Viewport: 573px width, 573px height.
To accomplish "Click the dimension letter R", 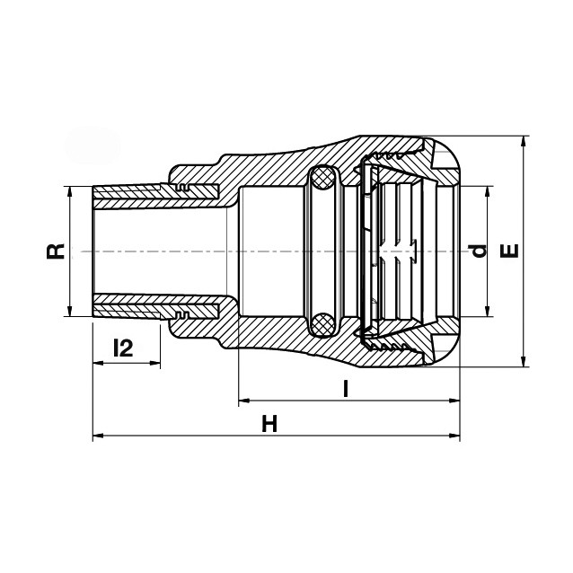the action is [x=55, y=251].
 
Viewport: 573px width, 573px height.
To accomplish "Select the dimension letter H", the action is [x=269, y=424].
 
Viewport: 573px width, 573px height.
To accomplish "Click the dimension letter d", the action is [x=478, y=251].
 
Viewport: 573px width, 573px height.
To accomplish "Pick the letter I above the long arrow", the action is [x=345, y=389].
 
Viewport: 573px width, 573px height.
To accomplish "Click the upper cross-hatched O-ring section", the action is [x=322, y=179].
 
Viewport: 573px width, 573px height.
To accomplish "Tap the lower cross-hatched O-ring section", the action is [x=322, y=323].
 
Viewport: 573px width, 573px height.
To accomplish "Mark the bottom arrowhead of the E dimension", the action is [x=525, y=361].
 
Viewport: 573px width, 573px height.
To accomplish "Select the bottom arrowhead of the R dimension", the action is [x=70, y=311].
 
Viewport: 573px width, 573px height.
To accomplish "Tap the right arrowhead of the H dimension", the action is [x=454, y=436].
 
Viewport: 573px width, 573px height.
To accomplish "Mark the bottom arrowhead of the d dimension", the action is [x=487, y=311].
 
